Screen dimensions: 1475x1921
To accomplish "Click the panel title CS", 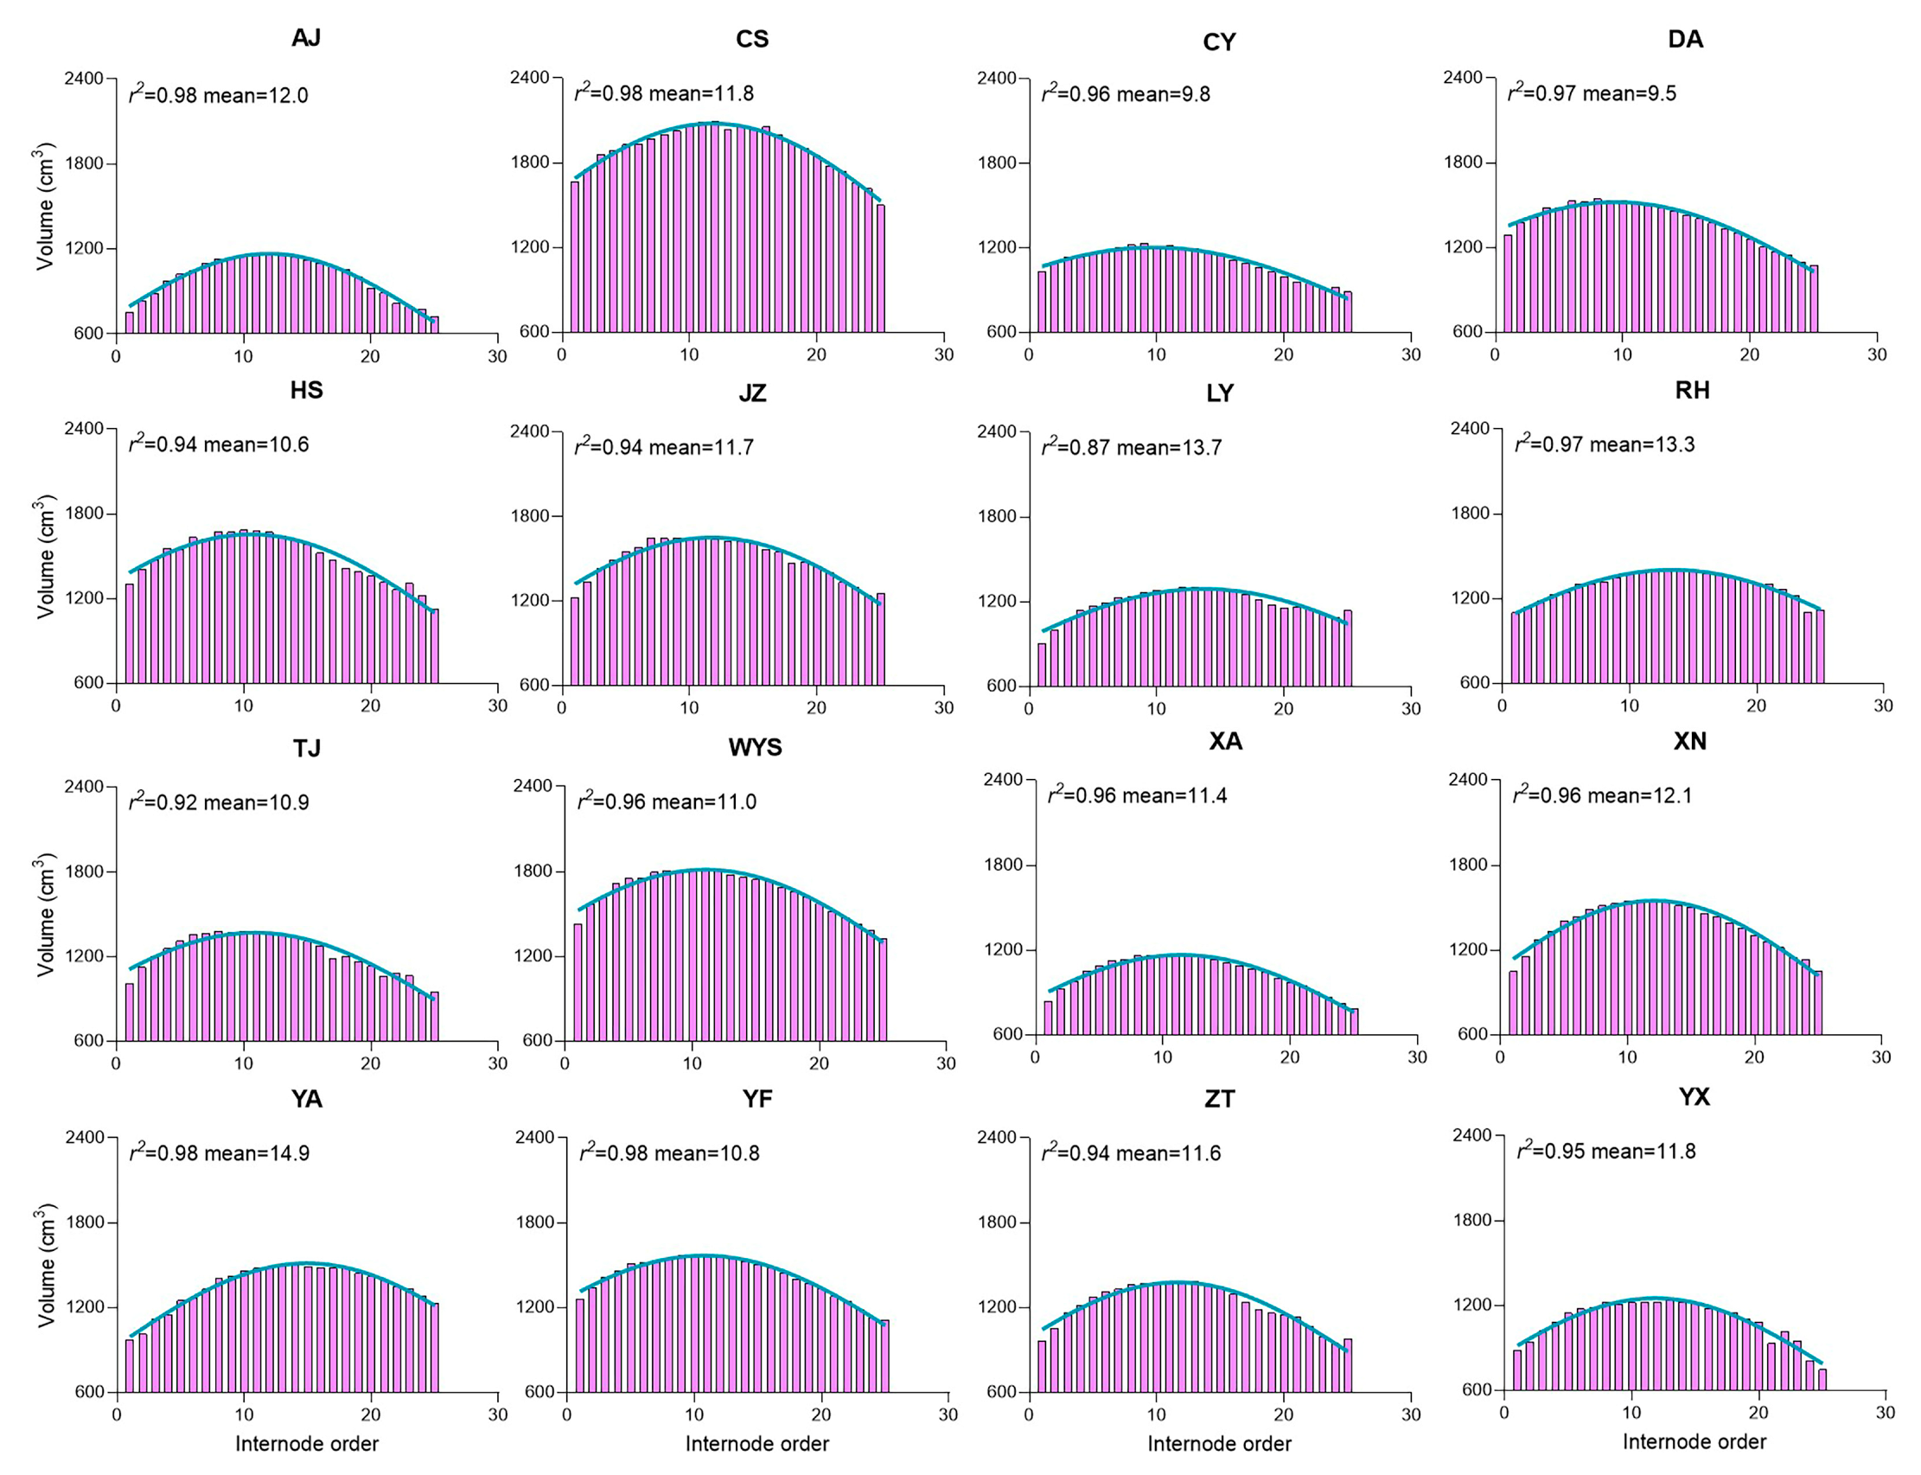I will pyautogui.click(x=751, y=40).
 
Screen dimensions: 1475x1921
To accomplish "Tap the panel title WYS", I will pyautogui.click(x=754, y=748).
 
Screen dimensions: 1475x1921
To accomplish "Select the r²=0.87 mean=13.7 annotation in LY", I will pyautogui.click(x=1131, y=447).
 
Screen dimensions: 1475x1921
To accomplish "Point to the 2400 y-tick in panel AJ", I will pyautogui.click(x=83, y=78).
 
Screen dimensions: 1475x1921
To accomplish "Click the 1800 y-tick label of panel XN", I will pyautogui.click(x=1468, y=865).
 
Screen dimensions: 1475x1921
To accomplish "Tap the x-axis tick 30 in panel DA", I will pyautogui.click(x=1876, y=354).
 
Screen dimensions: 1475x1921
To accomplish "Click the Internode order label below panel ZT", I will pyautogui.click(x=1219, y=1443).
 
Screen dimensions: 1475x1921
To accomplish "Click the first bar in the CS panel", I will pyautogui.click(x=575, y=257).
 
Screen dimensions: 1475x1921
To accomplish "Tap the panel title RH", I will pyautogui.click(x=1691, y=391).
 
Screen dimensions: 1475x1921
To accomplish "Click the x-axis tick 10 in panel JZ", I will pyautogui.click(x=689, y=707).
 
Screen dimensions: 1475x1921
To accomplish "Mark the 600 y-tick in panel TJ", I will pyautogui.click(x=89, y=1041).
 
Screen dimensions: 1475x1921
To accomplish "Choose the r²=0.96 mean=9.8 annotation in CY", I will pyautogui.click(x=1126, y=94).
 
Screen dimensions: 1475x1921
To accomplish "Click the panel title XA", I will pyautogui.click(x=1225, y=742).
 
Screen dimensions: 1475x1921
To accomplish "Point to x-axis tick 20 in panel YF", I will pyautogui.click(x=820, y=1414).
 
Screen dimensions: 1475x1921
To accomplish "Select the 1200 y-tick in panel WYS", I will pyautogui.click(x=533, y=956).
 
